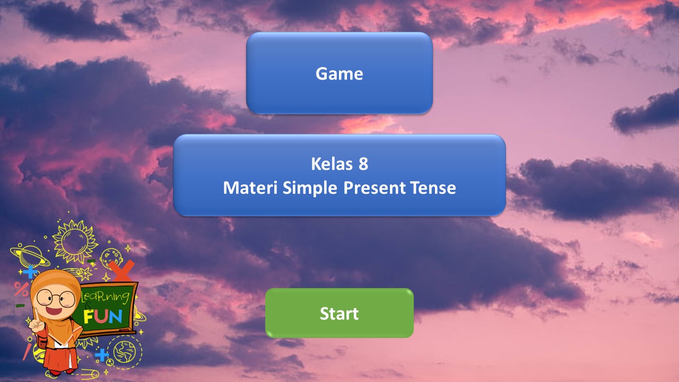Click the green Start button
coord(339,313)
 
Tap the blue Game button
coord(339,73)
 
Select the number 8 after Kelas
coord(363,164)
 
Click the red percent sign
coord(21,289)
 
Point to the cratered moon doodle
coord(110,257)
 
